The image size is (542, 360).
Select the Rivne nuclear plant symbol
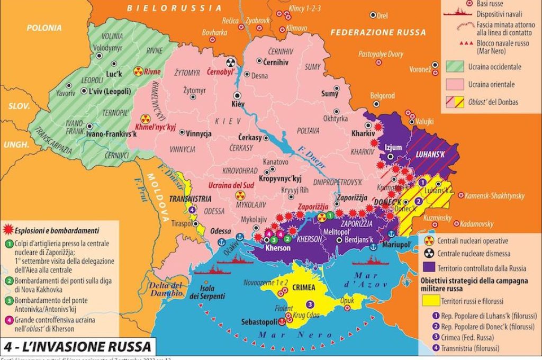[x=138, y=71]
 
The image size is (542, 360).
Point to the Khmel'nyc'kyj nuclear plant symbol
[x=146, y=120]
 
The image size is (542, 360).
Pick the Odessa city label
[x=220, y=231]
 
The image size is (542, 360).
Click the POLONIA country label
[x=44, y=28]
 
